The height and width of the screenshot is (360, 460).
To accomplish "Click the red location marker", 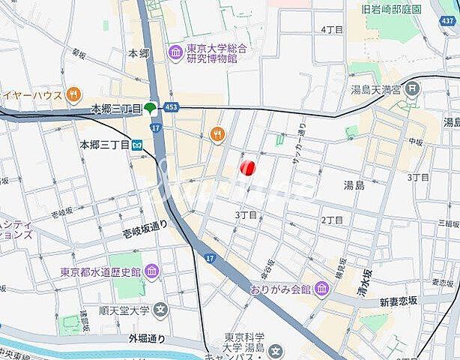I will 249,167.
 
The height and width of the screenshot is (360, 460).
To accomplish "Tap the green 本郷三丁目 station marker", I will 151,109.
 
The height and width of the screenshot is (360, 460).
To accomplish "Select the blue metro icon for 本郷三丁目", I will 137,145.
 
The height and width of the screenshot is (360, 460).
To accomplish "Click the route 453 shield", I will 172,108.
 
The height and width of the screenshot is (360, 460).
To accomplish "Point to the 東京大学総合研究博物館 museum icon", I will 175,52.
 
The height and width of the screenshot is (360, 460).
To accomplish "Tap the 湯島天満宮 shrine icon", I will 413,89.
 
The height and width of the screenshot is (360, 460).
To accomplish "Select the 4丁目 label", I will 332,29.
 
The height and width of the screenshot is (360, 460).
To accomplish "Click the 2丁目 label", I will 332,220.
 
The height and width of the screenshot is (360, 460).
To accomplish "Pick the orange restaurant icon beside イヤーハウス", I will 73,94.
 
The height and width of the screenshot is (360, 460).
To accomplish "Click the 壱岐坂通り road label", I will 145,233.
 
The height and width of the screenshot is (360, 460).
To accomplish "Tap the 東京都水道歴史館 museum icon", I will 152,271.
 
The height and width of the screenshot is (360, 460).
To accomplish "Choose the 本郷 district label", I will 139,53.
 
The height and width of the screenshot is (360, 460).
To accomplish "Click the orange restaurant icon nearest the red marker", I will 218,134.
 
